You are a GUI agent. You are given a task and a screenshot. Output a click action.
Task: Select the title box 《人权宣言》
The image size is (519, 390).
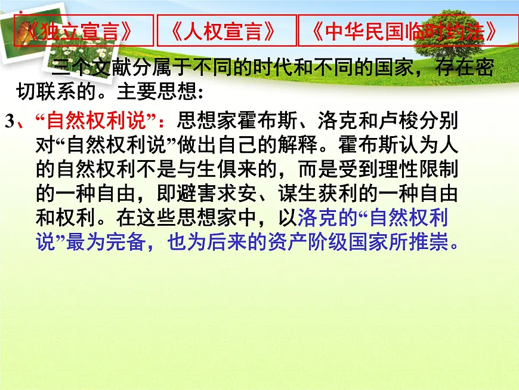(x=227, y=31)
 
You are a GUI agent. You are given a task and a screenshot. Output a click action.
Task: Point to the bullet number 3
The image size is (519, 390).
(x=9, y=121)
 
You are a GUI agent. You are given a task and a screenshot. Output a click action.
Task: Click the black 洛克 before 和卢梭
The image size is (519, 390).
(x=323, y=121)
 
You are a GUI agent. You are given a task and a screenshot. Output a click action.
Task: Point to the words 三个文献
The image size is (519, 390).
(x=89, y=68)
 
